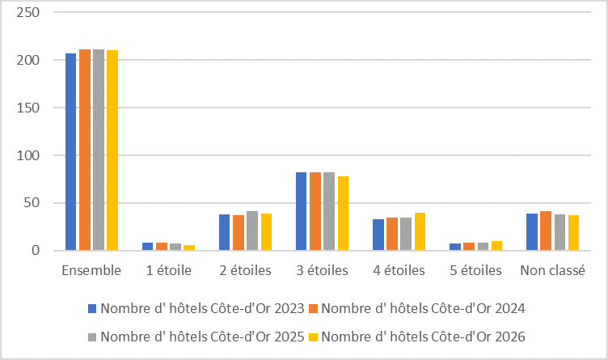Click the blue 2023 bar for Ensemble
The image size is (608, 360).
[x=71, y=151]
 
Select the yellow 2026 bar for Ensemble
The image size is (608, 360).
[x=112, y=150]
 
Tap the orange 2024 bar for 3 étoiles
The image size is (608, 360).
[x=315, y=211]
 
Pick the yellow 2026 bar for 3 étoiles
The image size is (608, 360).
[x=343, y=214]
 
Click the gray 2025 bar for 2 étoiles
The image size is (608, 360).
[x=252, y=231]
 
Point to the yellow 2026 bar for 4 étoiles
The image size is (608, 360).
[x=420, y=231]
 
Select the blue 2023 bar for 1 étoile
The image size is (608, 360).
[x=148, y=246]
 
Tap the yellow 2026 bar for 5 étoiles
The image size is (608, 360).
[x=496, y=246]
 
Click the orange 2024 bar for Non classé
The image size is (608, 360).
[x=546, y=231]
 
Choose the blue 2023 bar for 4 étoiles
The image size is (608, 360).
[x=378, y=235]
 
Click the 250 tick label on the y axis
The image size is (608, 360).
[x=28, y=12]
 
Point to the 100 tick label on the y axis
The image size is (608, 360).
[x=28, y=155]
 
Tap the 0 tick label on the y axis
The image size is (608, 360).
[x=36, y=251]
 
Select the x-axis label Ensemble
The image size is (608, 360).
[x=91, y=270]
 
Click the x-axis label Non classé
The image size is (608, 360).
[x=552, y=270]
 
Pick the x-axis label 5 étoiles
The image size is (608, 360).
[x=475, y=270]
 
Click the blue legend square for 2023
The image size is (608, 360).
[x=92, y=309]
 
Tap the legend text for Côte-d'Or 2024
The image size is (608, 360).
[x=423, y=308]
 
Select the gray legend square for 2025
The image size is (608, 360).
[x=92, y=337]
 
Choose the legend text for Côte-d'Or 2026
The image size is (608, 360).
[x=423, y=337]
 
